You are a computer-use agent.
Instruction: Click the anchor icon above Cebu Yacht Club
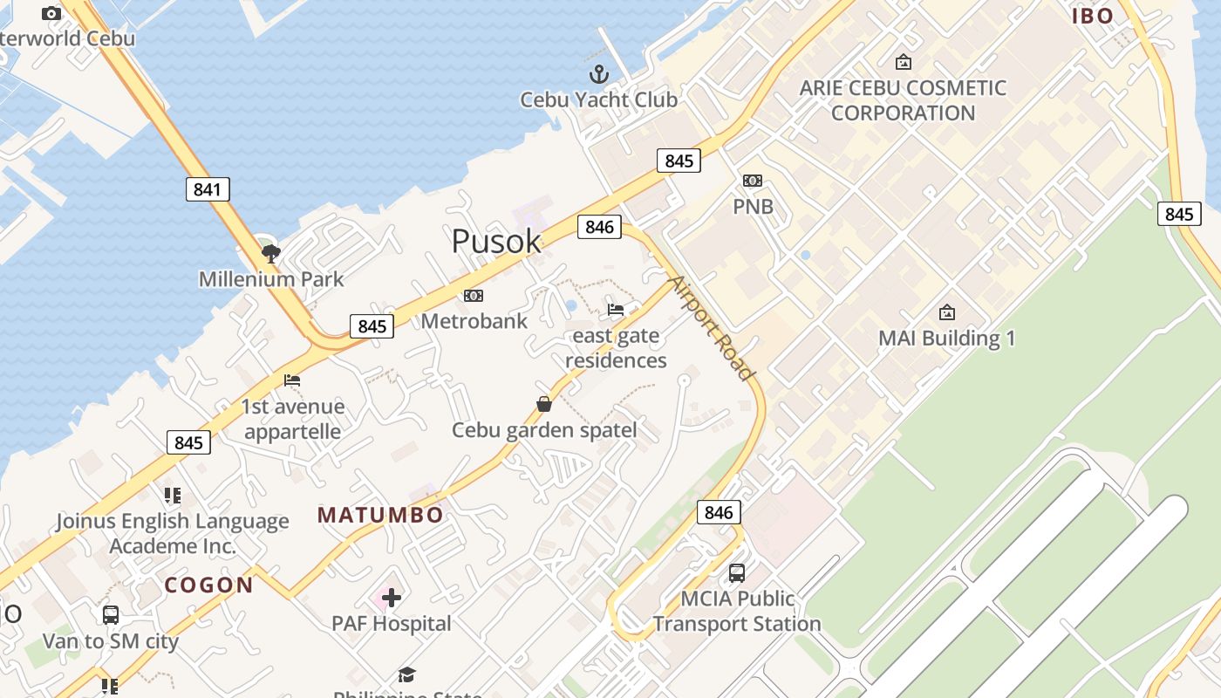(x=599, y=73)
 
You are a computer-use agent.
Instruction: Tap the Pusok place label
(x=496, y=241)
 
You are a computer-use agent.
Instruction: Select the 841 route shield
(x=208, y=189)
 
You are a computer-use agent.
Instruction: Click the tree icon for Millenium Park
(x=271, y=254)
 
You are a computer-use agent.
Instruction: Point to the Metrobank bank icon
(x=474, y=296)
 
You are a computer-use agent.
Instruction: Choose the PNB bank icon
(x=753, y=181)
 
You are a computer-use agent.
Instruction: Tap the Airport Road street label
(x=710, y=328)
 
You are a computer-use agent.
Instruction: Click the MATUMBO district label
(x=380, y=516)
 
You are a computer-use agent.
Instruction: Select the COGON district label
(x=209, y=585)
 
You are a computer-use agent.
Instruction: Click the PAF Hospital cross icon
(x=392, y=598)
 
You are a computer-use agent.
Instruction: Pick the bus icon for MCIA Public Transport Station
(x=737, y=573)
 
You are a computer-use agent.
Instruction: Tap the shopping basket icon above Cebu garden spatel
(x=544, y=404)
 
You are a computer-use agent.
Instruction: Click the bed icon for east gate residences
(x=616, y=310)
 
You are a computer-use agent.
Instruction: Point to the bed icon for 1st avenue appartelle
(x=292, y=380)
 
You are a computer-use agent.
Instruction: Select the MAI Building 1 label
(x=946, y=338)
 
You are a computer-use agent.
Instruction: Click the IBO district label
(x=1093, y=16)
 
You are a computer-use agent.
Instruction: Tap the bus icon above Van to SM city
(x=111, y=614)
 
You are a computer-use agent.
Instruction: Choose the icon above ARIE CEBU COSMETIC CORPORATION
(x=904, y=62)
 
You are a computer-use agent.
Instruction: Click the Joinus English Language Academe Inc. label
(x=172, y=533)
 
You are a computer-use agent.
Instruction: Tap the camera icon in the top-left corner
(x=51, y=13)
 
